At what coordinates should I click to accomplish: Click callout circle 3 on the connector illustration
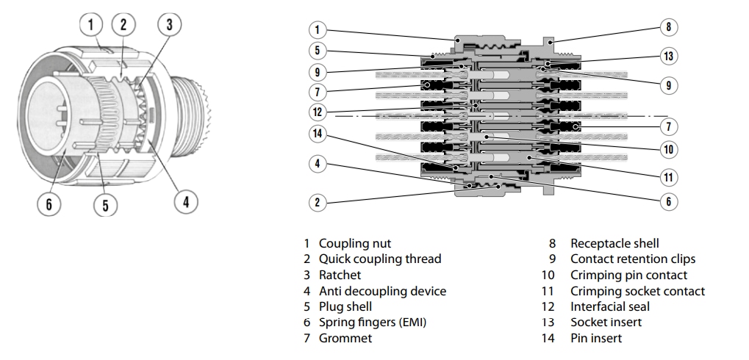[x=169, y=24]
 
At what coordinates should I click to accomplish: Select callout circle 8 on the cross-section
[x=667, y=27]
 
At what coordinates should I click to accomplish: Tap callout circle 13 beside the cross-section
[x=667, y=56]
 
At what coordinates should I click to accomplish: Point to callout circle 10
[x=667, y=150]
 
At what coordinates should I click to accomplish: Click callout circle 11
[x=667, y=177]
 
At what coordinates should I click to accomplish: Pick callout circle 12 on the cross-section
[x=317, y=112]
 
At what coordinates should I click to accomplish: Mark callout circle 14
[x=317, y=134]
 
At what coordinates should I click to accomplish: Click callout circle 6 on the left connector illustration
[x=49, y=204]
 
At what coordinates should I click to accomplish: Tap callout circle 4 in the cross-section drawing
[x=317, y=164]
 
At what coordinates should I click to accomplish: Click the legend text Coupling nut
[x=354, y=243]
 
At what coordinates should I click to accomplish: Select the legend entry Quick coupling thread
[x=379, y=259]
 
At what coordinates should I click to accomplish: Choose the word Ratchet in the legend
[x=340, y=275]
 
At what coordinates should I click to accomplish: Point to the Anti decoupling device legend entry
[x=382, y=291]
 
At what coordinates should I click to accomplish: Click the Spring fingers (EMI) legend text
[x=372, y=323]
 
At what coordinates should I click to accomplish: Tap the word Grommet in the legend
[x=345, y=338]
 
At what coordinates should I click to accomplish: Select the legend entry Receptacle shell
[x=614, y=243]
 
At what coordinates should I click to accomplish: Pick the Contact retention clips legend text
[x=632, y=259]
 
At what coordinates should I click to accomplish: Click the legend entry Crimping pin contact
[x=628, y=275]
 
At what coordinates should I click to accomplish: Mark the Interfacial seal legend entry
[x=609, y=306]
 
